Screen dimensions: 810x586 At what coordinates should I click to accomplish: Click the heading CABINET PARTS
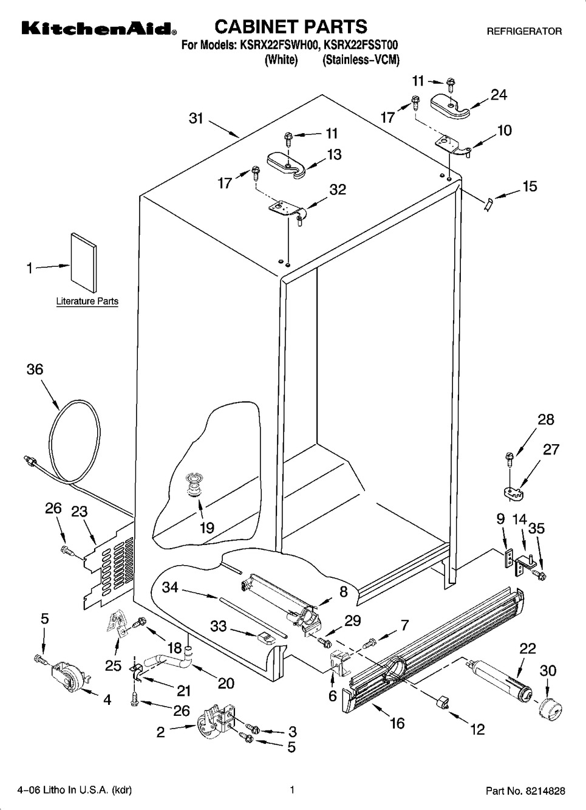[x=291, y=27]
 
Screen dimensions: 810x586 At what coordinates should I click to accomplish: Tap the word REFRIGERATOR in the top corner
[x=525, y=31]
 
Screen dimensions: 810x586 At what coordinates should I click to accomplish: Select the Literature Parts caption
[x=87, y=301]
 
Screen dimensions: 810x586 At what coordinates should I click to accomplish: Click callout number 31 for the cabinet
[x=196, y=118]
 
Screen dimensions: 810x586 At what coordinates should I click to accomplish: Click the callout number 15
[x=530, y=186]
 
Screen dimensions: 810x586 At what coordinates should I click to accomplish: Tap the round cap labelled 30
[x=548, y=708]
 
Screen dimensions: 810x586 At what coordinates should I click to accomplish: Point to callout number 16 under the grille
[x=397, y=723]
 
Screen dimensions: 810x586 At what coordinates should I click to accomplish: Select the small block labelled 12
[x=442, y=702]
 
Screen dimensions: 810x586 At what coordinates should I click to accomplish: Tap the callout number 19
[x=207, y=527]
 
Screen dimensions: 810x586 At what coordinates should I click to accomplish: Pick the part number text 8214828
[x=544, y=791]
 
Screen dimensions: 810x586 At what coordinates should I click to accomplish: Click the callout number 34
[x=170, y=586]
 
